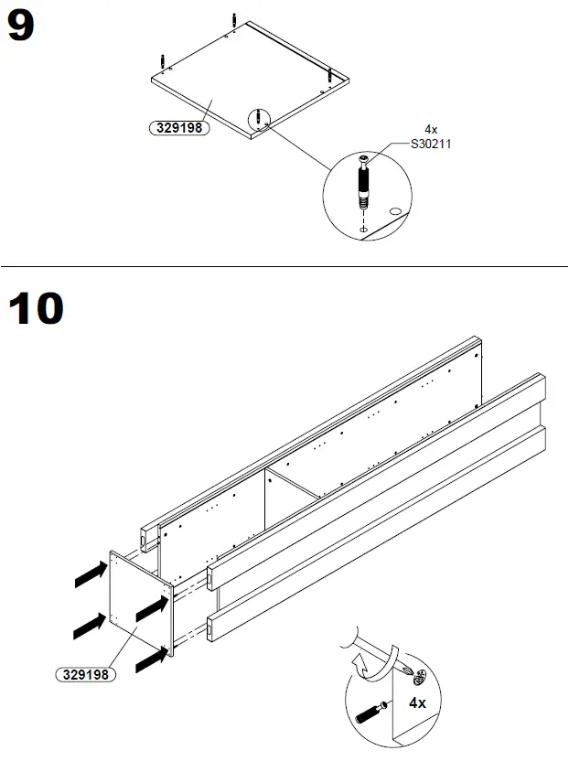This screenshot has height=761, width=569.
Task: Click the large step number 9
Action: [x=22, y=27]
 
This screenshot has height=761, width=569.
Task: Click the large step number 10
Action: [x=37, y=308]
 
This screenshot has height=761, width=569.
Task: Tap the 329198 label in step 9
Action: [x=178, y=128]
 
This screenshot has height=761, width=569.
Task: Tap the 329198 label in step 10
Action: [x=82, y=676]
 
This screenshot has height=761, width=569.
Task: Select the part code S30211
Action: [x=431, y=144]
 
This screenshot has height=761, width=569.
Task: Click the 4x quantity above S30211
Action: [x=431, y=131]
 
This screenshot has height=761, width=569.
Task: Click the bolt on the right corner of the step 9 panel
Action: [x=328, y=75]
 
